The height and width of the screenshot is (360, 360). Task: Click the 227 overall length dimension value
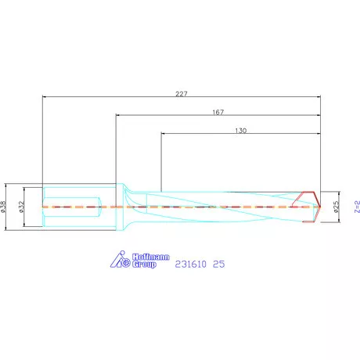(x=181, y=92)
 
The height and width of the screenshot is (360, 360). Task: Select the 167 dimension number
(x=218, y=112)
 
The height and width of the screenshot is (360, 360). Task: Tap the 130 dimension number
(x=240, y=131)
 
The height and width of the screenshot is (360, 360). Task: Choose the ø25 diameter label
(x=336, y=207)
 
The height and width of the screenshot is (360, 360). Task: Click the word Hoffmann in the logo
(x=143, y=257)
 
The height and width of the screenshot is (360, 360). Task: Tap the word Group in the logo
(x=143, y=265)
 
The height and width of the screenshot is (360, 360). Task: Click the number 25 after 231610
(x=219, y=265)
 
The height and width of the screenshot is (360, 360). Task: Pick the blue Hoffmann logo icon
(x=119, y=260)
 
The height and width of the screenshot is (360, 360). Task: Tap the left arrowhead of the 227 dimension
(x=44, y=97)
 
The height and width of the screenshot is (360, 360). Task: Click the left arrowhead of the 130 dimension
(x=164, y=135)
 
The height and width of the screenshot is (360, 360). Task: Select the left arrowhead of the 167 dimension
(x=118, y=116)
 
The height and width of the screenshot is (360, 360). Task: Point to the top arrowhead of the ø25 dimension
(x=337, y=193)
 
